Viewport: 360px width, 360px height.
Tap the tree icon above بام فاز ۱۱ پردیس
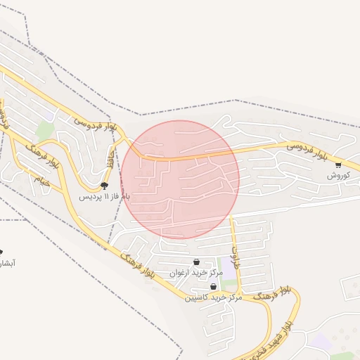pyautogui.click(x=104, y=186)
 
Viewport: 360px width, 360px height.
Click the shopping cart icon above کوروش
pyautogui.click(x=338, y=165)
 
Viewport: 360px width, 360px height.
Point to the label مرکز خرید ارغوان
pyautogui.click(x=196, y=272)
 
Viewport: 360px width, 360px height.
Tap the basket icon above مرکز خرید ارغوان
pyautogui.click(x=196, y=262)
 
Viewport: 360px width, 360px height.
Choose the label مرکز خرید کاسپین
pyautogui.click(x=213, y=297)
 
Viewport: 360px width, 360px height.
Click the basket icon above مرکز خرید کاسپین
pyautogui.click(x=213, y=287)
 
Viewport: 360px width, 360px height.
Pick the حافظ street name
pyautogui.click(x=110, y=156)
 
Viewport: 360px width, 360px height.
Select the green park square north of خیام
pyautogui.click(x=46, y=130)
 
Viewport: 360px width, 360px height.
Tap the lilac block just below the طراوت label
pyautogui.click(x=229, y=266)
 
